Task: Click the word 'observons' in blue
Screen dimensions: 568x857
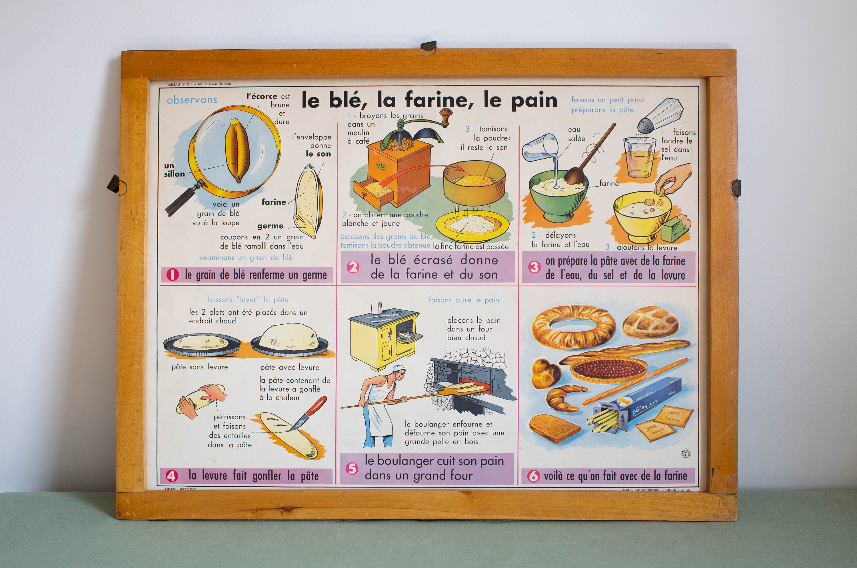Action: [192, 100]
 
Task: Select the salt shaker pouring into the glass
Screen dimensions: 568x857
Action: [660, 116]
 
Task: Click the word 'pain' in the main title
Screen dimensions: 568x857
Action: [534, 100]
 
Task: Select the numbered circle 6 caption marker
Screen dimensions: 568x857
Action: [533, 476]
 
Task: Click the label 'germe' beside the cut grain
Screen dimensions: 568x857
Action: [270, 226]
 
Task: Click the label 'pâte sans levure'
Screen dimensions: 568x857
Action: [200, 367]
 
